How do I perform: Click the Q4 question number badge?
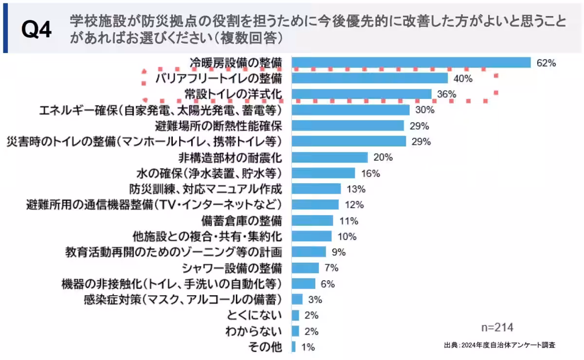[x=36, y=30]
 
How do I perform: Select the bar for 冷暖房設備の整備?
[x=411, y=63]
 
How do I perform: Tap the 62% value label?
[x=546, y=63]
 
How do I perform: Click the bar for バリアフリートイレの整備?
[x=369, y=78]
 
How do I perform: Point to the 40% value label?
[x=462, y=78]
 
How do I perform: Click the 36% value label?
[x=446, y=94]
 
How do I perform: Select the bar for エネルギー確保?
[x=350, y=110]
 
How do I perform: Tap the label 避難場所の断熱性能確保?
[x=218, y=126]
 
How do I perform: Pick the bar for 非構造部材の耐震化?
[x=329, y=157]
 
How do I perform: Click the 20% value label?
[x=383, y=158]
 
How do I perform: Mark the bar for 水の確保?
[x=323, y=173]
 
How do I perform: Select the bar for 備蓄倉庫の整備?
[x=312, y=220]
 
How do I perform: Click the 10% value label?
[x=347, y=236]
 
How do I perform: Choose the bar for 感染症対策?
[x=297, y=299]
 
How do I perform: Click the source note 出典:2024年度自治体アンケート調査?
[x=499, y=345]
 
